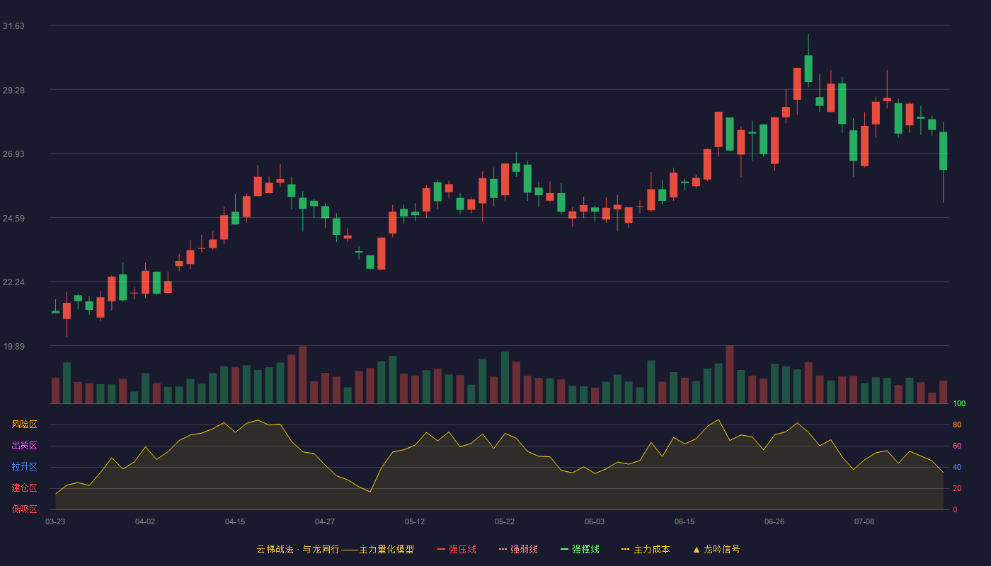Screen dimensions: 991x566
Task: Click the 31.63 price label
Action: pyautogui.click(x=13, y=26)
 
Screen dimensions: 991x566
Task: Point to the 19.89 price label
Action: pyautogui.click(x=13, y=346)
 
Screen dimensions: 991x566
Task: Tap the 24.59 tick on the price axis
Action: pyautogui.click(x=13, y=219)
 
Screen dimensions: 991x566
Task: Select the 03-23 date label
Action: pyautogui.click(x=55, y=522)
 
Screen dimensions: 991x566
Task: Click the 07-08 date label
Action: pyautogui.click(x=864, y=522)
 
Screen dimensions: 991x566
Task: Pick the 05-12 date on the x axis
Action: pyautogui.click(x=415, y=522)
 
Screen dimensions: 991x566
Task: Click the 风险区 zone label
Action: pyautogui.click(x=24, y=424)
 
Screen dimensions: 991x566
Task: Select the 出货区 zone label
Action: pyautogui.click(x=24, y=445)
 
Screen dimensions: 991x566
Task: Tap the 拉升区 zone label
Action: pyautogui.click(x=24, y=466)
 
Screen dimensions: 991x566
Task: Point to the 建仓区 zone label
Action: pyautogui.click(x=24, y=487)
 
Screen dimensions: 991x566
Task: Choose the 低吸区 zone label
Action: pyautogui.click(x=24, y=509)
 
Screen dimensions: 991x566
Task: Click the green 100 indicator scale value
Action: pyautogui.click(x=959, y=403)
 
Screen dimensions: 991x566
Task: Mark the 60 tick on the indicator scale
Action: pyautogui.click(x=957, y=446)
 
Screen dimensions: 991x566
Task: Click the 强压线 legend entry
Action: pyautogui.click(x=457, y=549)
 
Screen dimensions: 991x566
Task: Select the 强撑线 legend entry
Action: pyautogui.click(x=580, y=549)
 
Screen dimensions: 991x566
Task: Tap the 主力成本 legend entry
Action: pyautogui.click(x=646, y=549)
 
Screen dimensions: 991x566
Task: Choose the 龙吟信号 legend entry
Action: pyautogui.click(x=716, y=549)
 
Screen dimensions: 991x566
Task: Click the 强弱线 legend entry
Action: pyautogui.click(x=518, y=549)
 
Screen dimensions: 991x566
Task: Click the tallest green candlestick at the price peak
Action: pyautogui.click(x=808, y=69)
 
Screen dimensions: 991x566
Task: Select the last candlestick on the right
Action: pyautogui.click(x=943, y=151)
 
